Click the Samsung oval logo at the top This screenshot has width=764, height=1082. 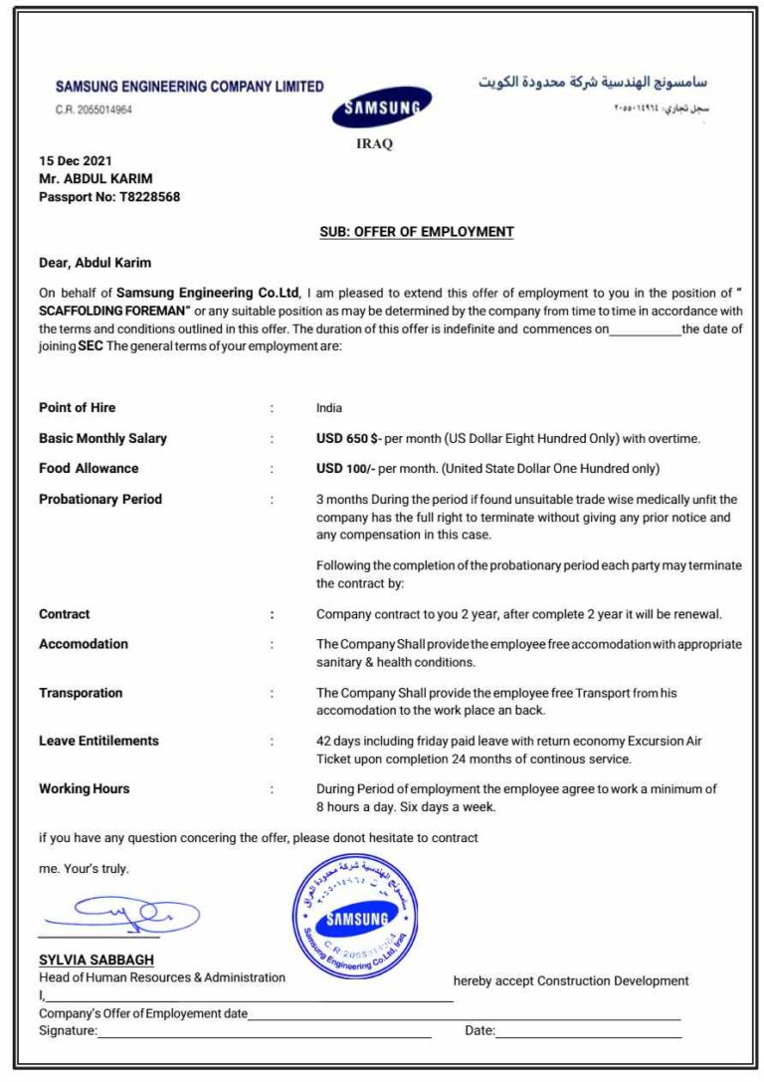click(381, 108)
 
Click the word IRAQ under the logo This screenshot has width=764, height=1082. click(374, 143)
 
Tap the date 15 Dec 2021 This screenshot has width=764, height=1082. click(76, 161)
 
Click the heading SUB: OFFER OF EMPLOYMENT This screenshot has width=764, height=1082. click(417, 232)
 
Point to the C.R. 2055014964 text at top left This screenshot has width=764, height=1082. click(94, 110)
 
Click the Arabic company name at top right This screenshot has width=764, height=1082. click(593, 82)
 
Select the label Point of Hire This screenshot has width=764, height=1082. click(78, 408)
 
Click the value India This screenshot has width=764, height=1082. click(329, 408)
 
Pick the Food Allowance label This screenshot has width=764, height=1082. click(89, 468)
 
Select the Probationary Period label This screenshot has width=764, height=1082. click(100, 499)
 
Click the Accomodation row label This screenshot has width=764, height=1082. click(84, 644)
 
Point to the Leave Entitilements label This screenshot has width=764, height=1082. click(98, 741)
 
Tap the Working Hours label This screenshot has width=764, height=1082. click(85, 788)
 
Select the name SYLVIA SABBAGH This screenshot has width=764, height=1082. click(96, 961)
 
